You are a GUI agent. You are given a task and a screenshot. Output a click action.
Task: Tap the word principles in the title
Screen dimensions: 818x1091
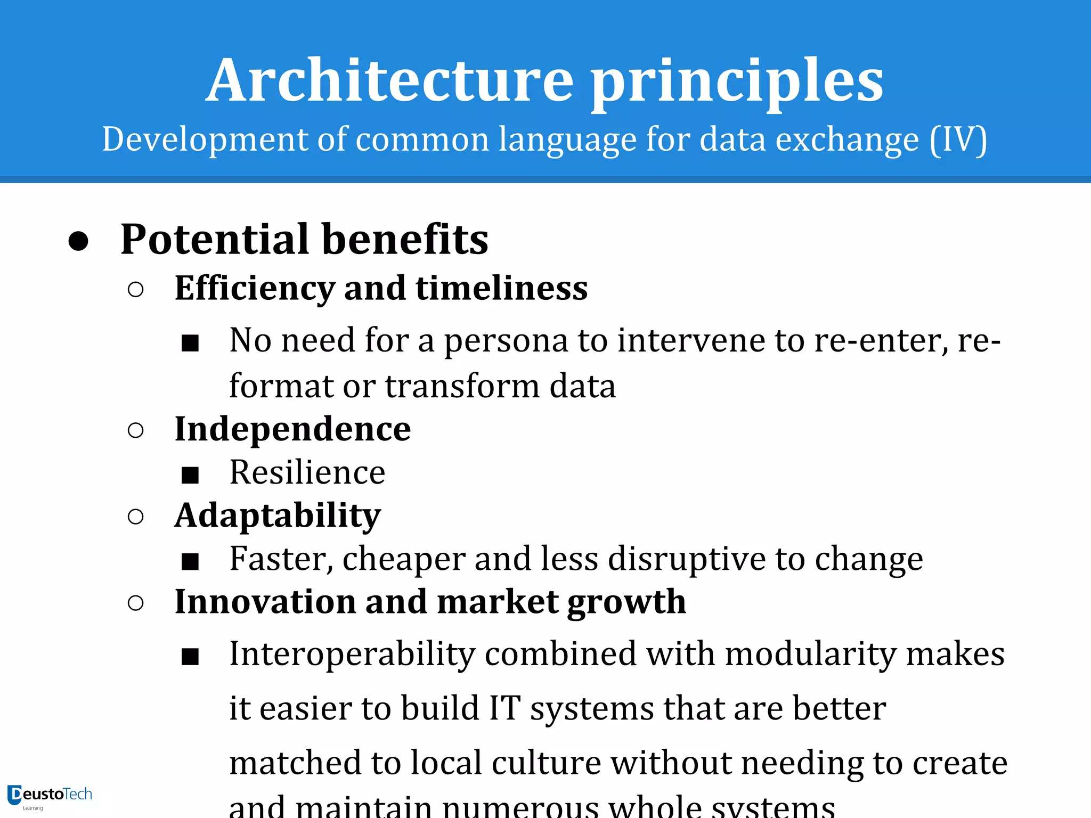coord(737,83)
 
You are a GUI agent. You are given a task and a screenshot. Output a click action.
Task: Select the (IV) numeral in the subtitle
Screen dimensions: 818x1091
coord(958,140)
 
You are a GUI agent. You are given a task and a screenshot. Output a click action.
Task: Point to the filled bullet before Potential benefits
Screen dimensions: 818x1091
coord(78,241)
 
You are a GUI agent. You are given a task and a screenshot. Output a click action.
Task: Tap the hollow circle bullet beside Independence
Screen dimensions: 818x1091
coord(136,430)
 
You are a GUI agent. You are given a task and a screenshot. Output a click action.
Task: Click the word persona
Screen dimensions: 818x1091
coord(506,341)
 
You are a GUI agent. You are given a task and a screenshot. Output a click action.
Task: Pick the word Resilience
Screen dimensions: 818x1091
coord(307,472)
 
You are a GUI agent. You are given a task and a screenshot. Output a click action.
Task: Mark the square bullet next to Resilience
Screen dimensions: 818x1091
coord(190,475)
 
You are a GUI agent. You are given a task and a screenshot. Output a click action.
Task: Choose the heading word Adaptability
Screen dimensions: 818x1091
coord(278,516)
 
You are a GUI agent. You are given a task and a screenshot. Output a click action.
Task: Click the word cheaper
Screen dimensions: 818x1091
coord(403,560)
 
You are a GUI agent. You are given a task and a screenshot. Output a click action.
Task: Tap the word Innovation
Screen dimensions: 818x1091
coord(265,602)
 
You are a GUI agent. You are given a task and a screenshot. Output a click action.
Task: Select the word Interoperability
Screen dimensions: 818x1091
coord(352,655)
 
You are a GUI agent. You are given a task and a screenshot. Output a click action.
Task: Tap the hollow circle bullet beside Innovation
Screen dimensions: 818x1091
coord(136,603)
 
